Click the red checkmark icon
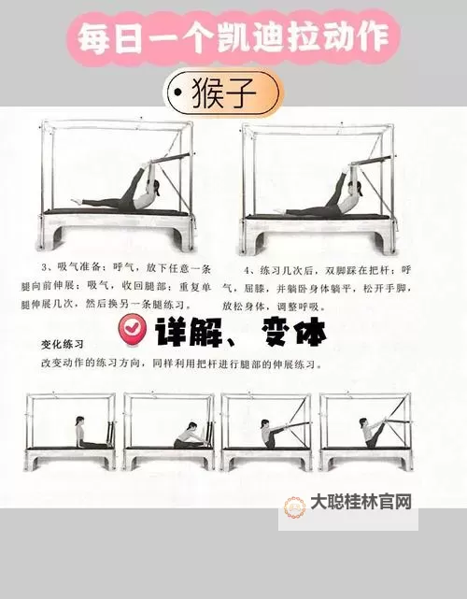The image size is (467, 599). [x=133, y=330]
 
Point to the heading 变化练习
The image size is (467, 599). [x=64, y=343]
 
